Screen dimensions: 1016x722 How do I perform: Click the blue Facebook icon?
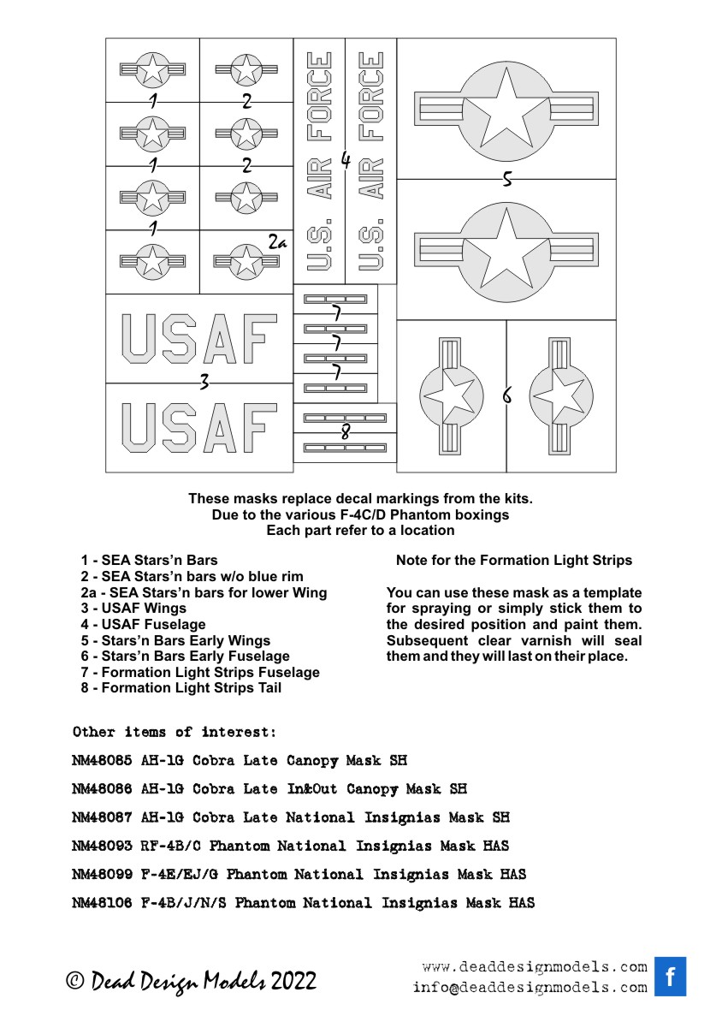(670, 976)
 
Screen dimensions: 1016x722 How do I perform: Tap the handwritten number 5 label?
(506, 179)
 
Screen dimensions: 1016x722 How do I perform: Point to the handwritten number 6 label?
(507, 396)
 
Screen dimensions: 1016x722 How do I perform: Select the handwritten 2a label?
(275, 243)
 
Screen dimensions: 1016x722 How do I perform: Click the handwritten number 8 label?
(345, 432)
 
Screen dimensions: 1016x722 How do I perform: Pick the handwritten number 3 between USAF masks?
(204, 383)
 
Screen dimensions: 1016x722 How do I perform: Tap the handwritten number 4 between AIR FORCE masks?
(346, 160)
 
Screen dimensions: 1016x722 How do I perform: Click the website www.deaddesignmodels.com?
(535, 967)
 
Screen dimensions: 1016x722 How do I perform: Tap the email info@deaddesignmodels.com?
(530, 987)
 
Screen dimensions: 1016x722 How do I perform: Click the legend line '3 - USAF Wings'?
(133, 609)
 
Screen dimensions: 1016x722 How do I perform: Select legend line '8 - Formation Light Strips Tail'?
(180, 687)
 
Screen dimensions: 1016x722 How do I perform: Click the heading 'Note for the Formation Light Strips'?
(514, 561)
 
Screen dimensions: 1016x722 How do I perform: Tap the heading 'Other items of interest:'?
(175, 732)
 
